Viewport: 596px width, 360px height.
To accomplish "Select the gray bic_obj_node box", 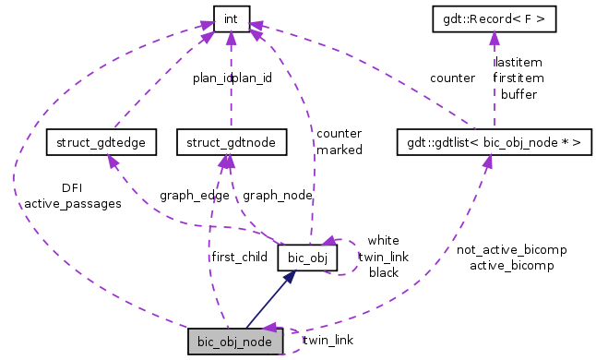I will click(x=231, y=341).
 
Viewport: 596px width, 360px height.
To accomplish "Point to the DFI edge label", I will click(x=72, y=187).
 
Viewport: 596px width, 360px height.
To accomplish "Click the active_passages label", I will click(x=72, y=203).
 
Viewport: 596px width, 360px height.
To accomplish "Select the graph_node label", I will click(x=277, y=196).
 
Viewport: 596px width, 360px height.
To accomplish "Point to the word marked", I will click(x=339, y=149).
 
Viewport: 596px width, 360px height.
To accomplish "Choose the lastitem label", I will click(x=519, y=63).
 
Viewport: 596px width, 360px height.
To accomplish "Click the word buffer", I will click(x=519, y=94).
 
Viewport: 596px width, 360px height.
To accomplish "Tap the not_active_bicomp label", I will click(x=511, y=250).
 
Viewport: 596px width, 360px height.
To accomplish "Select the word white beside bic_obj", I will click(x=383, y=240).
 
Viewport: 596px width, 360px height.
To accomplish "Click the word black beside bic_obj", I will click(x=383, y=272).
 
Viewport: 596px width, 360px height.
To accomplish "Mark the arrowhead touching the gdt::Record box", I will click(x=494, y=36).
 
